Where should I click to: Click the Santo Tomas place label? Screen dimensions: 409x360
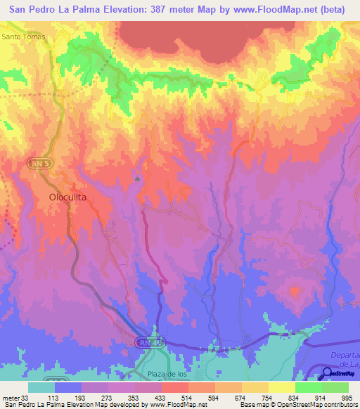tap(23, 36)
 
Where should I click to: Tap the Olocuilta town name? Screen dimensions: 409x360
tap(67, 198)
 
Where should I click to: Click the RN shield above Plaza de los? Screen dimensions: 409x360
tap(145, 342)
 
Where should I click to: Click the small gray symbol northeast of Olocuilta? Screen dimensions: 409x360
tap(138, 179)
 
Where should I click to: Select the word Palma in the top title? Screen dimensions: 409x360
tap(78, 10)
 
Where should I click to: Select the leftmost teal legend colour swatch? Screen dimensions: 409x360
tap(41, 387)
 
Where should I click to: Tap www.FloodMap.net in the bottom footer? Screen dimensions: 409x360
tap(176, 405)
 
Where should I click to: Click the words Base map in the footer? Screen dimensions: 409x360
tap(253, 405)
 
